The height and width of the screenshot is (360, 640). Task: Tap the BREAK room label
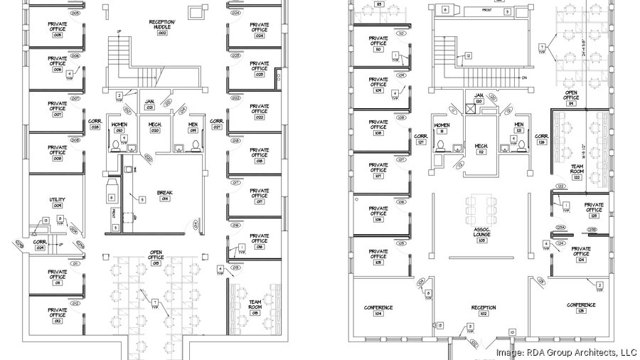click(x=165, y=195)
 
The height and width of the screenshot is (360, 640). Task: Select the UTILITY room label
click(x=57, y=202)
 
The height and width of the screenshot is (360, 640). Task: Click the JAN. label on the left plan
click(x=150, y=104)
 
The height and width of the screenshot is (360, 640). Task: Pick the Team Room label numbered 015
click(x=255, y=305)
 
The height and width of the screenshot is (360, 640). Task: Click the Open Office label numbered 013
click(x=156, y=259)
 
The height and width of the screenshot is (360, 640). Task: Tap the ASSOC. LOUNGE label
click(x=482, y=232)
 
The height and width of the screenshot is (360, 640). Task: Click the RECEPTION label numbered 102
click(x=483, y=310)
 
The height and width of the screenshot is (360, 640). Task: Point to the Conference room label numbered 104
click(x=378, y=310)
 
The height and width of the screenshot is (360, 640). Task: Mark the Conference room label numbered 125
click(x=581, y=307)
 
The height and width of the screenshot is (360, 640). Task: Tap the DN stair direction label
click(x=544, y=78)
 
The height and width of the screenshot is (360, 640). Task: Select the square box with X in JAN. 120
click(x=469, y=110)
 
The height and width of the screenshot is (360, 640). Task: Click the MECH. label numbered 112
click(x=481, y=148)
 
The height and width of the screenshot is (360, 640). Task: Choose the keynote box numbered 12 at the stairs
click(x=468, y=55)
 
